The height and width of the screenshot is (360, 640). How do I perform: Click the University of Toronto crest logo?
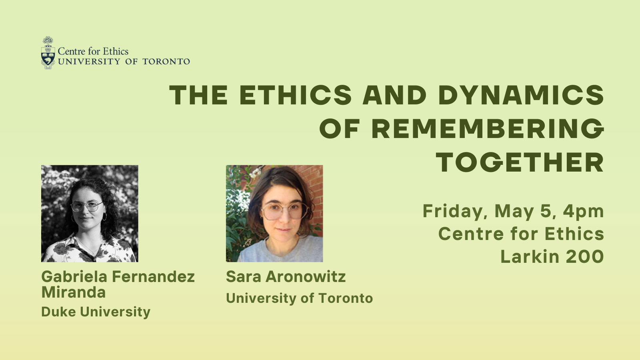(x=48, y=53)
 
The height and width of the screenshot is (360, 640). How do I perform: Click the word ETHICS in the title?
(x=296, y=95)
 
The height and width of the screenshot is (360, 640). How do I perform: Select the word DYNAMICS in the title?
(x=521, y=95)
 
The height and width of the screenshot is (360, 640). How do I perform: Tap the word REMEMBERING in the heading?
(x=488, y=128)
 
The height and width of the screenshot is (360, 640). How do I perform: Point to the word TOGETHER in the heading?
(x=520, y=162)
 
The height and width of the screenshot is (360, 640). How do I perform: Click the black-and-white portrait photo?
(x=90, y=214)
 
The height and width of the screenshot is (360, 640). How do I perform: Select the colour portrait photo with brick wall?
(x=274, y=214)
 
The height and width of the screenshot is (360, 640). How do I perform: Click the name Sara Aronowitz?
(x=286, y=276)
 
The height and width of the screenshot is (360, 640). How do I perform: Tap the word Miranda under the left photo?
(x=74, y=292)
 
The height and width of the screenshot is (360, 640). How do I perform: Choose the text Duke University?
(x=96, y=312)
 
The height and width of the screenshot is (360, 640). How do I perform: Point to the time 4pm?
(x=584, y=212)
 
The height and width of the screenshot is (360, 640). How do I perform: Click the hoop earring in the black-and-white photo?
(x=104, y=216)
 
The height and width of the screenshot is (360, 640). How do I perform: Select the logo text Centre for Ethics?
(x=93, y=52)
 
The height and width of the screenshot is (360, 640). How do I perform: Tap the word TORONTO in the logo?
(x=166, y=62)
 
